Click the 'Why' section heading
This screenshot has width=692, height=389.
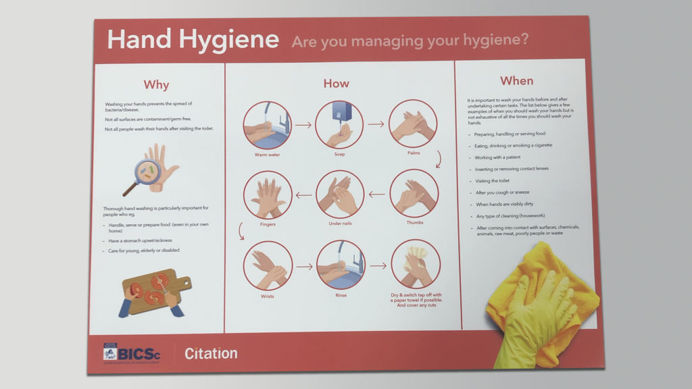click(156, 85)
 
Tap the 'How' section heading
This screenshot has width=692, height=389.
click(336, 84)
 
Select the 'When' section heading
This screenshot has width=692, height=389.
click(516, 80)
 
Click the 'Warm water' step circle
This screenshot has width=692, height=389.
click(267, 125)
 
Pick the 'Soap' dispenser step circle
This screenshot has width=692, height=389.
click(339, 124)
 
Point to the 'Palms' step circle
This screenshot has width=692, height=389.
click(414, 124)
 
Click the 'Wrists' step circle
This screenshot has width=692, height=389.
click(268, 265)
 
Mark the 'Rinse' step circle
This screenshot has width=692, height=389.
click(341, 265)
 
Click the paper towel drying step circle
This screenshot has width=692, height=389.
click(415, 265)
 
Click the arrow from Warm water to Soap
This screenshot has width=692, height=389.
click(303, 125)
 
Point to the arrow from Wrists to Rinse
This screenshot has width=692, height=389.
click(304, 266)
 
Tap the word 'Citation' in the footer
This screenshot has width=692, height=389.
click(211, 353)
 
